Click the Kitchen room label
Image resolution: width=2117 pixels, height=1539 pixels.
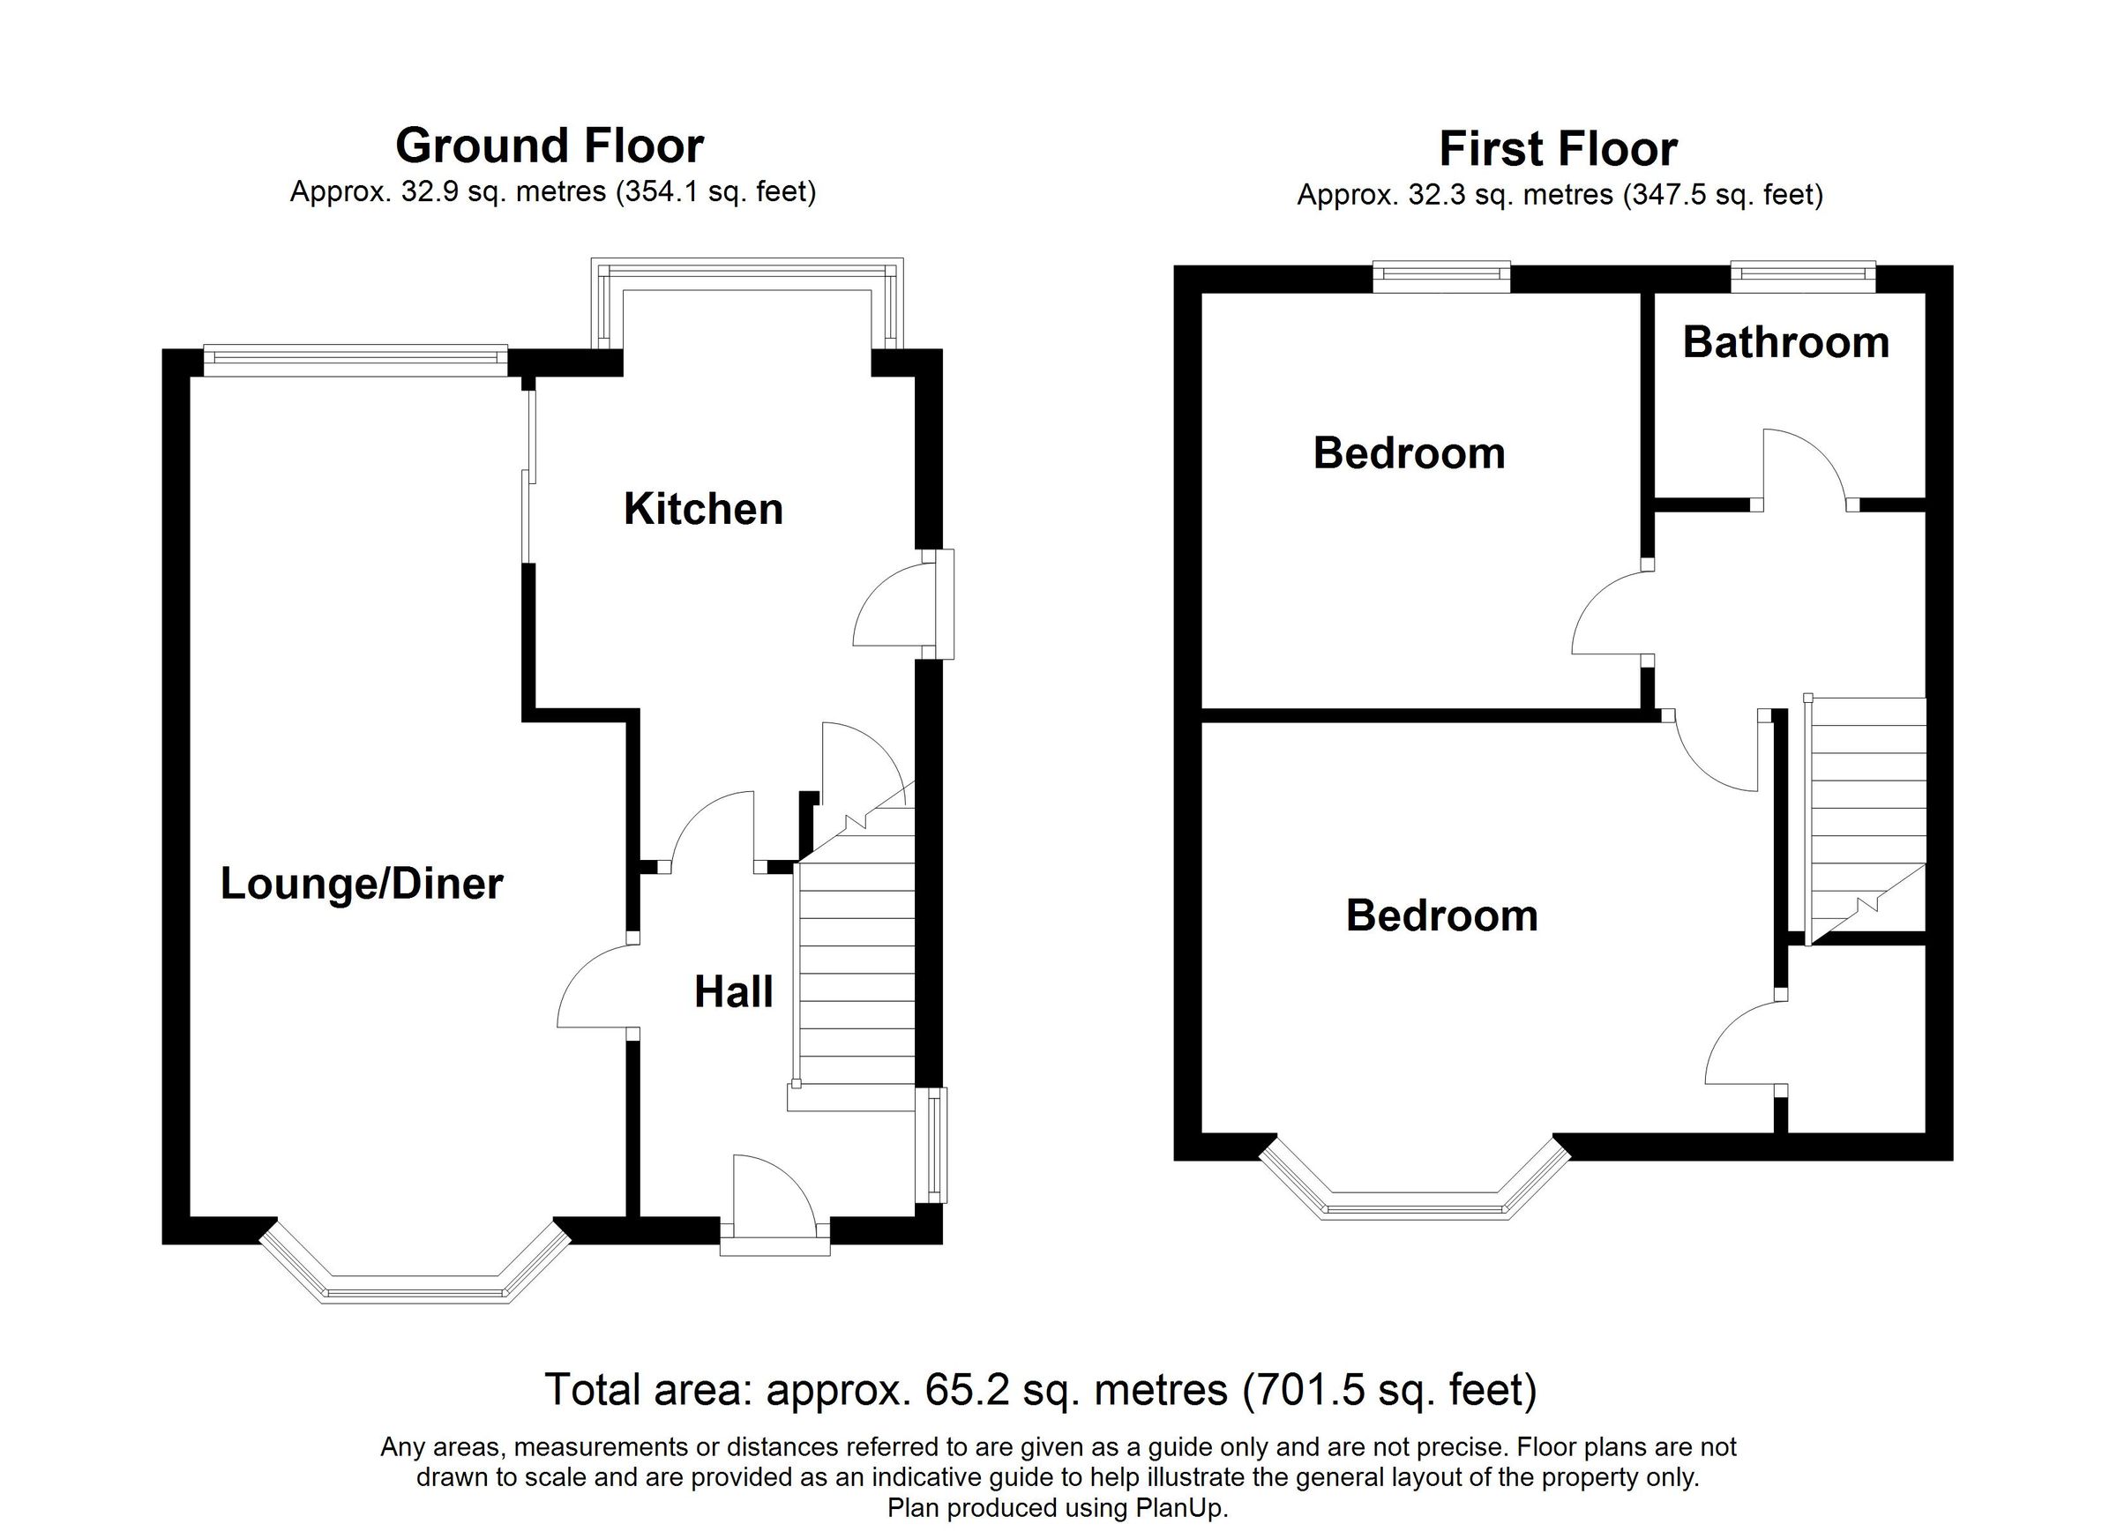[703, 510]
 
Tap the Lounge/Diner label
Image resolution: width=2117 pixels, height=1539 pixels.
[362, 884]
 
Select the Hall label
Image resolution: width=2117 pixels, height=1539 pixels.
[734, 992]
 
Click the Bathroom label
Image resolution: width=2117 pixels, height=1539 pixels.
[1785, 342]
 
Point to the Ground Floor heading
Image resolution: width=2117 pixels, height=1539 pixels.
[549, 146]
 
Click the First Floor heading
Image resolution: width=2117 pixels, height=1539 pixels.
[1558, 149]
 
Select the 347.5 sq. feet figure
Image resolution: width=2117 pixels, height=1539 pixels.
[1723, 195]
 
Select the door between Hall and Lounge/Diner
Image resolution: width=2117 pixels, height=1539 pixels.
[595, 988]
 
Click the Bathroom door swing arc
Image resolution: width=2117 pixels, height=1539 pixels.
[1803, 467]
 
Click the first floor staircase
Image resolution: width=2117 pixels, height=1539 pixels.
[1867, 812]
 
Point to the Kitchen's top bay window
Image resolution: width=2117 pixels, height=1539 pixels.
[747, 277]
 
